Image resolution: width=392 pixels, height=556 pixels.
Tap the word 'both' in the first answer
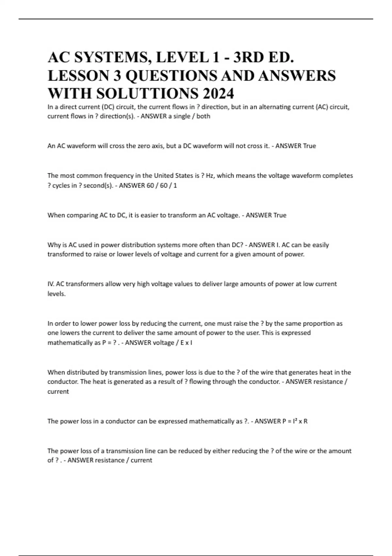click(203, 116)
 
